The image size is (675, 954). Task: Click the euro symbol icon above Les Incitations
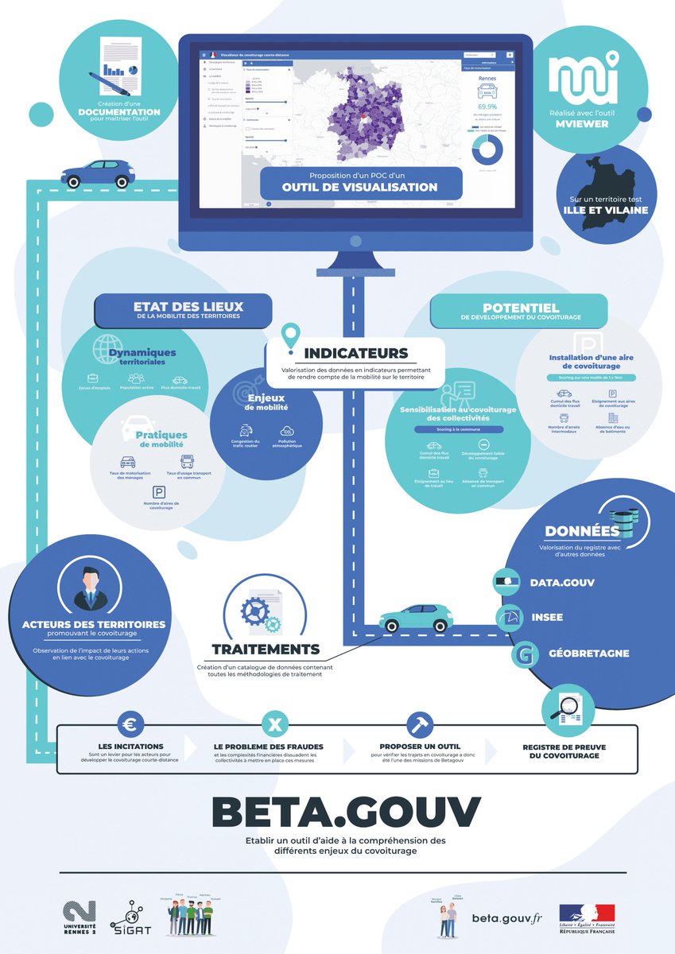tap(130, 724)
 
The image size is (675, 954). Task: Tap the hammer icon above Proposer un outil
tap(418, 724)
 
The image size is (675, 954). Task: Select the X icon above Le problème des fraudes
tap(274, 724)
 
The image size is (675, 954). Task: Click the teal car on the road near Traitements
tap(415, 617)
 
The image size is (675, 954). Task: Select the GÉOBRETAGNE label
tap(578, 653)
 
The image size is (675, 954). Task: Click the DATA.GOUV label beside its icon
tap(562, 583)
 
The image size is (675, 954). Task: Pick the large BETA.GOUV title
tap(346, 811)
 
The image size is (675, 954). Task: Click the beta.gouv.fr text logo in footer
tap(506, 918)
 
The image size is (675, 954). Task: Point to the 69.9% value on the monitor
tap(487, 106)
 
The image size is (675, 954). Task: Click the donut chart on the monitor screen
tap(487, 149)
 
